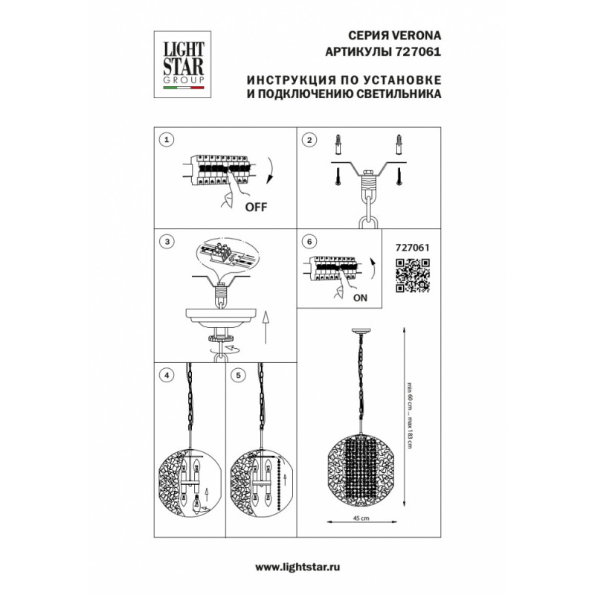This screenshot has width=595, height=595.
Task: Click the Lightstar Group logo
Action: coord(182,65)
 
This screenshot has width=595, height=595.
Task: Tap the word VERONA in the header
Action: coord(416,35)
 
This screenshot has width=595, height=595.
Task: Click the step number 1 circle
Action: coord(166,140)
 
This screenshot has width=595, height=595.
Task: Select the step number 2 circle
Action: coord(309,140)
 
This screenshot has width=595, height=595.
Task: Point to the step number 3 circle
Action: coord(167,242)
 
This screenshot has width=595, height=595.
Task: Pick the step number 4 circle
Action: coord(166,376)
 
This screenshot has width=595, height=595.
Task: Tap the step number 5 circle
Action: coord(238,376)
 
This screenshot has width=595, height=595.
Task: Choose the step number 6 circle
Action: coord(309,242)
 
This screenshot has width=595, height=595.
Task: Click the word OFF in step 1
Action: coord(256,208)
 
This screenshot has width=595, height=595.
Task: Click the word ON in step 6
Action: coord(360,298)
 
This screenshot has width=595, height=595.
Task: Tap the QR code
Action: coord(413,275)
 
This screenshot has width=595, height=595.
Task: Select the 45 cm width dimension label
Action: coord(361,518)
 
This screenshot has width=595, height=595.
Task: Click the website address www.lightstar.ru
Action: coord(297,567)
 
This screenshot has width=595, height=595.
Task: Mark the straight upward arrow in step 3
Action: coord(266,327)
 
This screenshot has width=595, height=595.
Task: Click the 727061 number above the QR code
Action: coord(413,248)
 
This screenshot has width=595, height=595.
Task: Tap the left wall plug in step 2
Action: coord(338,144)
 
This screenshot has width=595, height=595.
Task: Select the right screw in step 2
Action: coord(399,176)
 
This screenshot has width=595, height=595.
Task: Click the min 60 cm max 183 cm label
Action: coord(409,416)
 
